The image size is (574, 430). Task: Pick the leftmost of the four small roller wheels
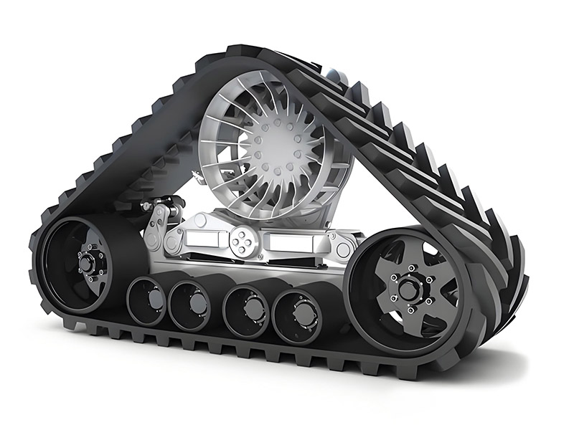pos(148,300)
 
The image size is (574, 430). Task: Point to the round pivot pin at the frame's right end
pos(343,249)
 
